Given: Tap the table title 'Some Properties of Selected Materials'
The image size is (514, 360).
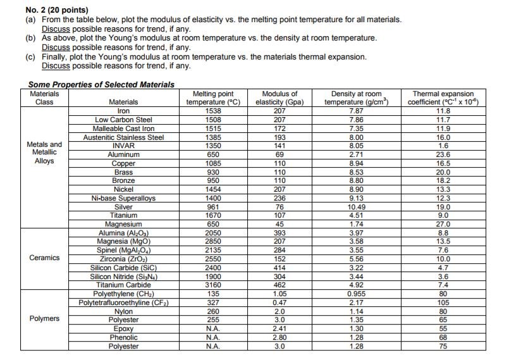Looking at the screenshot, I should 101,84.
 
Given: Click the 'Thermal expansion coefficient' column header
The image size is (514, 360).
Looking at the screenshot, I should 444,97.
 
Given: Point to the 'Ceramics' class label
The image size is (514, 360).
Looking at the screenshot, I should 44,258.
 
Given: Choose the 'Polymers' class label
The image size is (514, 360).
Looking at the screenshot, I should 44,318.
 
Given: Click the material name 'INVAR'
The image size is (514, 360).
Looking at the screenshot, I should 124,145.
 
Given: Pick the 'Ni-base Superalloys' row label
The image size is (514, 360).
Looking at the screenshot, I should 124,198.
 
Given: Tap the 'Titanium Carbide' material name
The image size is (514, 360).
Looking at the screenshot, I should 124,285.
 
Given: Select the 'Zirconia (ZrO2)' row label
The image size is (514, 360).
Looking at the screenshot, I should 124,258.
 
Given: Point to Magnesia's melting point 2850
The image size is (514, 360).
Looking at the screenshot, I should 213,241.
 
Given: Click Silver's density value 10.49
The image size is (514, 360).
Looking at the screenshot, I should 357,207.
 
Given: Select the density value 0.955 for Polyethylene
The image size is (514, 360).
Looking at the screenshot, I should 357,294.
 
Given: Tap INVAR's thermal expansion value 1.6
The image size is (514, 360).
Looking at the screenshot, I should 444,145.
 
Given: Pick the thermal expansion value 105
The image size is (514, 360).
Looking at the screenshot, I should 444,302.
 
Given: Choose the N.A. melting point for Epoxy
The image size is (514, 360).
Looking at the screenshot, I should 213,328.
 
